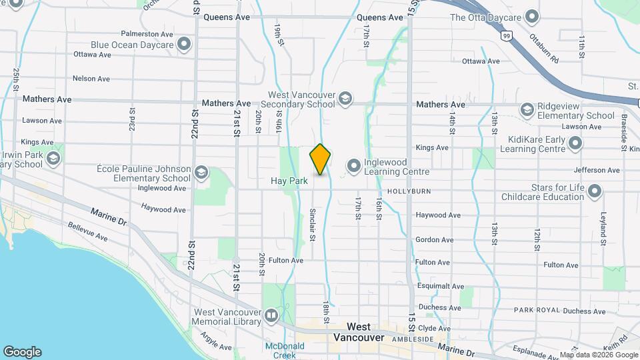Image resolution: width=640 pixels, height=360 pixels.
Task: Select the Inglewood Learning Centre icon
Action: tap(353, 165)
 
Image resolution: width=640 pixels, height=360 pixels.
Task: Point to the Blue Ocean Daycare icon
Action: tap(184, 45)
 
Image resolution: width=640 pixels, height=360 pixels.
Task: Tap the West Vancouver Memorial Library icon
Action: tap(271, 315)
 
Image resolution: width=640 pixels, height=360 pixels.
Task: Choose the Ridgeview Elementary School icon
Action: tap(527, 109)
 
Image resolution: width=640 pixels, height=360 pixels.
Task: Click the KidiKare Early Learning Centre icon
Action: tap(574, 143)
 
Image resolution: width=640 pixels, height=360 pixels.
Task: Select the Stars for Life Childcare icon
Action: tap(595, 192)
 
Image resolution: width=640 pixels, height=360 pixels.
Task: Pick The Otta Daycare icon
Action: tap(531, 16)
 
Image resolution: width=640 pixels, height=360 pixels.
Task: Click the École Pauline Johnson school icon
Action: tap(200, 173)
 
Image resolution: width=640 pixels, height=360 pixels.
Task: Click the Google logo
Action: tap(22, 352)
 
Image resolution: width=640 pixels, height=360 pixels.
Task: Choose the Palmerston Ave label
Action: tap(148, 33)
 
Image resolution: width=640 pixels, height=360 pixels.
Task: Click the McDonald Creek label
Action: tap(285, 350)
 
